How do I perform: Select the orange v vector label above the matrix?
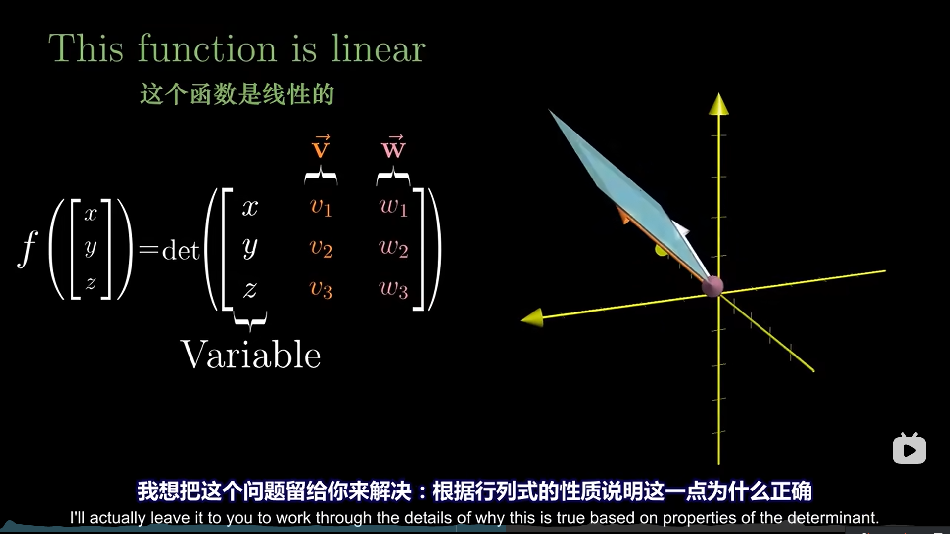[321, 147]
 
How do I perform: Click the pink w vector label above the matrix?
[393, 147]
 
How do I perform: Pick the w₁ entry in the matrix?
[393, 207]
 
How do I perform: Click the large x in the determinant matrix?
[250, 208]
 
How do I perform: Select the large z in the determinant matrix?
[250, 289]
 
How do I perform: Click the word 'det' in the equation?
[181, 250]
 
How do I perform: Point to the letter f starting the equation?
[28, 249]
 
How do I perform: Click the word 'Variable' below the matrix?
[250, 355]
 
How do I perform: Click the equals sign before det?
[148, 249]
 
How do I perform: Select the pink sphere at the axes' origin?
[712, 286]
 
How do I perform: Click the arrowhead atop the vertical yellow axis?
[718, 104]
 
